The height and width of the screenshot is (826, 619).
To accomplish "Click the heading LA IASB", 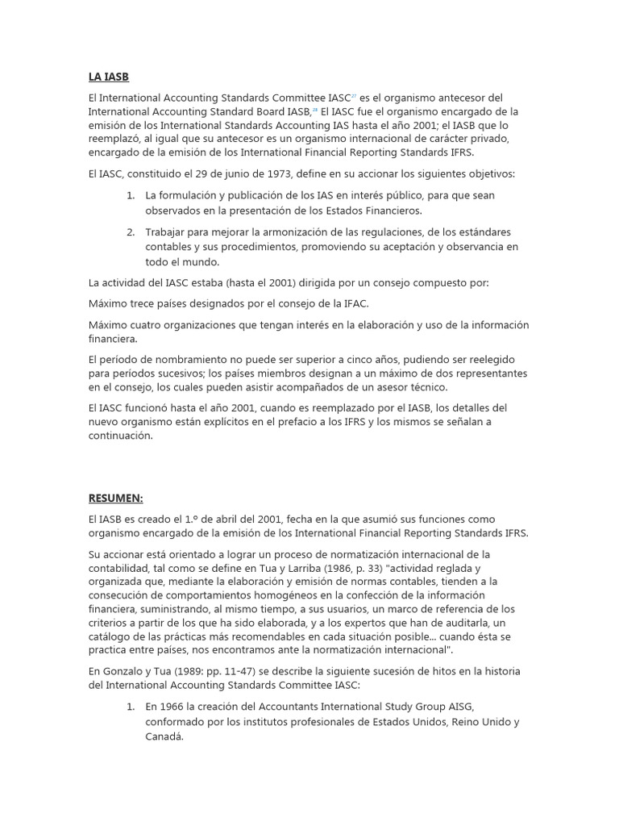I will pos(108,77).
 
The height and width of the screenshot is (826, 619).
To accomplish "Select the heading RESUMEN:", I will pos(115,499).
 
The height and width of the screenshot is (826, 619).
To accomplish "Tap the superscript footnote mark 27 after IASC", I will pos(354,96).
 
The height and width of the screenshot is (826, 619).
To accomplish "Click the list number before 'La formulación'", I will pos(131,195).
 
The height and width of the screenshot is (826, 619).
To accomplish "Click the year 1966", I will pos(174,706).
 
